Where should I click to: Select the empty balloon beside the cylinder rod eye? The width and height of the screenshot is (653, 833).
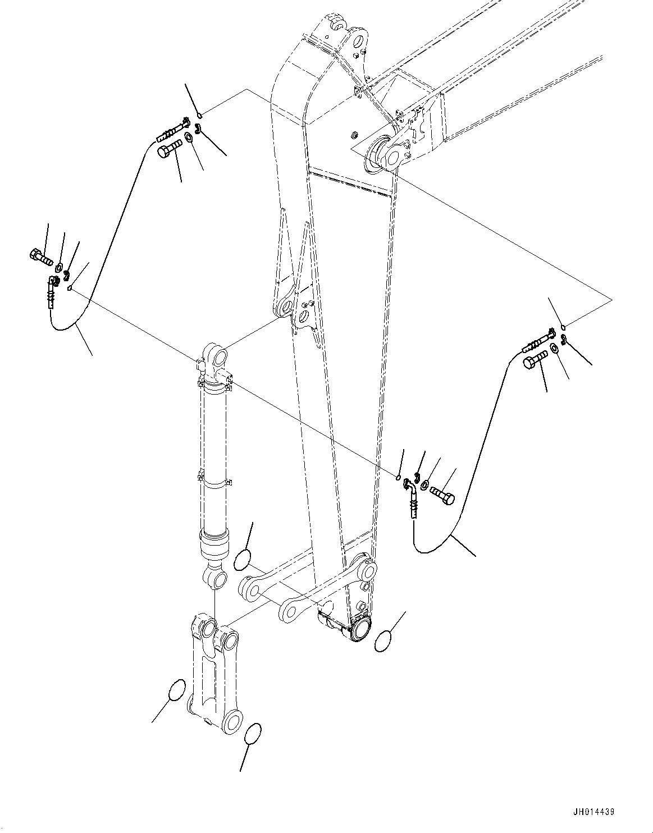click(243, 560)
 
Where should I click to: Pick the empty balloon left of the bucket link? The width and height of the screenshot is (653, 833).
click(176, 690)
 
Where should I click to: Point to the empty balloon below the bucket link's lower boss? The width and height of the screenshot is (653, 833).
click(253, 733)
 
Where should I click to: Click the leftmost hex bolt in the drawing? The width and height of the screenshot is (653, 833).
click(39, 258)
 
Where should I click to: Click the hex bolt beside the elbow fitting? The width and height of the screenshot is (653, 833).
click(443, 494)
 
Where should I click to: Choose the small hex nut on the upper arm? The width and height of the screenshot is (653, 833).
click(354, 135)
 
